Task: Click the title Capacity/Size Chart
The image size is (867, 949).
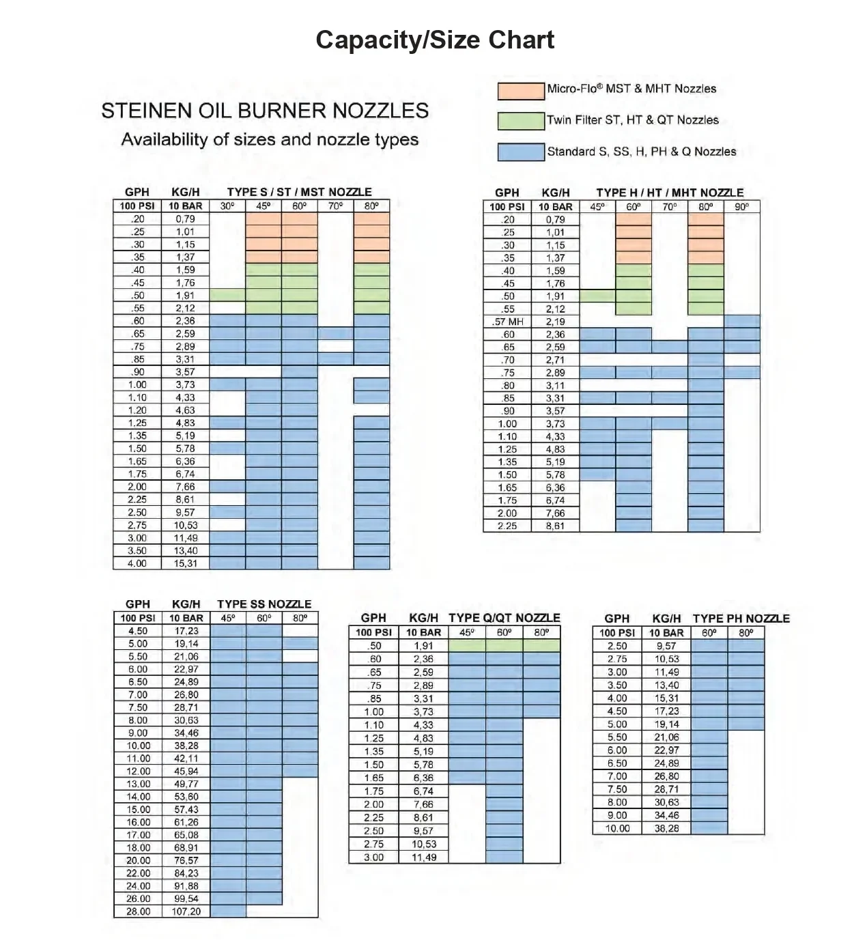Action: click(435, 40)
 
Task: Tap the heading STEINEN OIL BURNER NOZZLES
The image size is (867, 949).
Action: click(265, 111)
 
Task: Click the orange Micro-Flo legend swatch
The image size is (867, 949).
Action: click(520, 90)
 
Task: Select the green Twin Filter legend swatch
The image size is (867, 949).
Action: click(520, 121)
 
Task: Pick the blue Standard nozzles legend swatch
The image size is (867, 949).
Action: click(520, 152)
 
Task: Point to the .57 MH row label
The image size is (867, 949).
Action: click(507, 322)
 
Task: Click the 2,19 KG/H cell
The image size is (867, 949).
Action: click(555, 322)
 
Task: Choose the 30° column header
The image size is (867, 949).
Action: click(227, 206)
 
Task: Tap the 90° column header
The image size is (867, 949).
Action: click(741, 206)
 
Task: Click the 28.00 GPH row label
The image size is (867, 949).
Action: click(138, 911)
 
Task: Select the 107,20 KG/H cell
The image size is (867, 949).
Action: click(186, 911)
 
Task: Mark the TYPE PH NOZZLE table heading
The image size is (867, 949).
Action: click(741, 619)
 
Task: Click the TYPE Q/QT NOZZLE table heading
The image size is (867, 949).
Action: click(504, 618)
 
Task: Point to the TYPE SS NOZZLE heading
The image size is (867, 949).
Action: click(264, 604)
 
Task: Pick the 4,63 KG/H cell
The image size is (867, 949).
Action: click(185, 410)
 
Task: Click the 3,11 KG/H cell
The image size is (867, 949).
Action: click(555, 386)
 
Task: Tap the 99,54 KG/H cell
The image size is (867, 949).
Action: click(186, 898)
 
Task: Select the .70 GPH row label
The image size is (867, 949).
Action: click(507, 360)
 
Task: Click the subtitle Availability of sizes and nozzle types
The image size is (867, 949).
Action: click(270, 139)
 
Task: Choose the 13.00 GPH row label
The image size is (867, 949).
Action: click(138, 784)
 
